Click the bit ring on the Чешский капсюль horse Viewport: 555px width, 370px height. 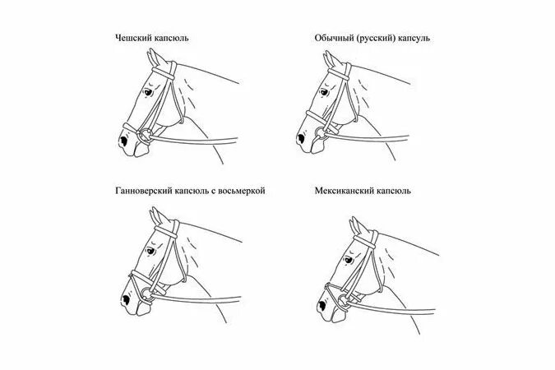[145, 136]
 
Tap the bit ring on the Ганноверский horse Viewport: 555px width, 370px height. [143, 289]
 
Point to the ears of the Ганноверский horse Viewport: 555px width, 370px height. [155, 217]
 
